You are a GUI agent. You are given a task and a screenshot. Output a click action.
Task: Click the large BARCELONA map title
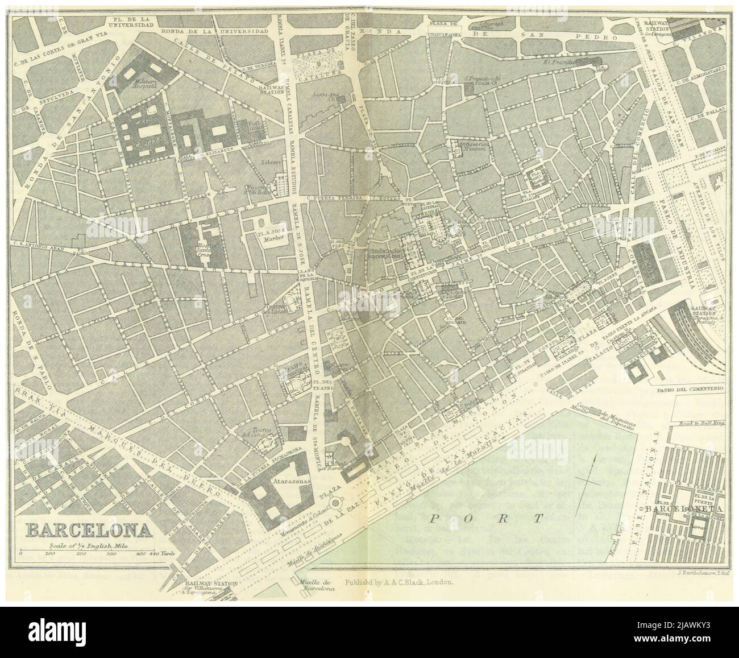[x=89, y=530]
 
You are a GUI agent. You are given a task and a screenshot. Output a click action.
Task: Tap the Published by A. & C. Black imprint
[x=398, y=583]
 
